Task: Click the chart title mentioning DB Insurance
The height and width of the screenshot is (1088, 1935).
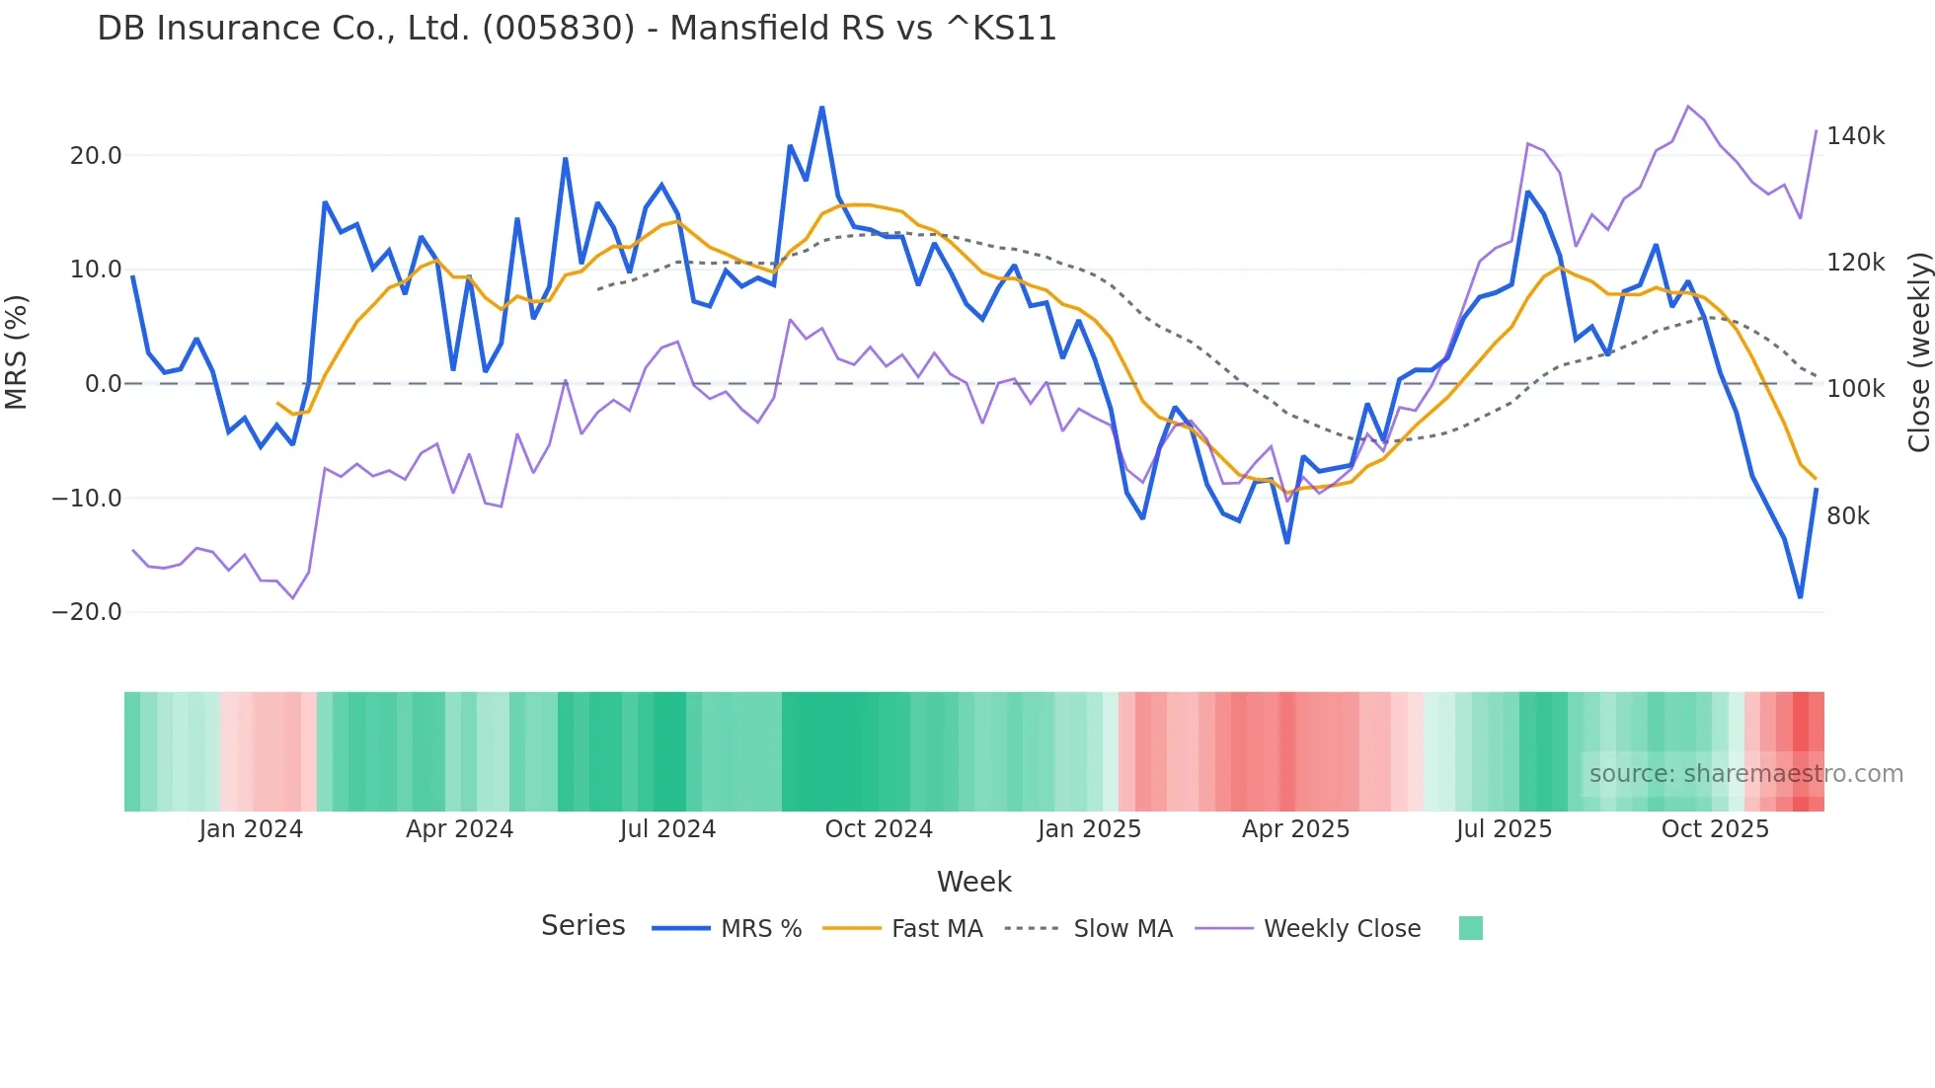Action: coord(577,29)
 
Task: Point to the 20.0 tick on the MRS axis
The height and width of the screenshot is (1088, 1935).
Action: coord(96,156)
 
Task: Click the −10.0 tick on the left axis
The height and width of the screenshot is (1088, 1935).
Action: coord(87,499)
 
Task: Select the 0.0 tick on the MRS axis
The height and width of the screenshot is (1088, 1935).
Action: coord(104,384)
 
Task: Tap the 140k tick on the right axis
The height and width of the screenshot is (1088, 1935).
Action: coord(1855,136)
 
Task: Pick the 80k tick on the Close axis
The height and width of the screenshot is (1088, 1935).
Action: coord(1848,516)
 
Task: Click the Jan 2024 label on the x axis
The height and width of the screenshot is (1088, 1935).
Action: coord(251,829)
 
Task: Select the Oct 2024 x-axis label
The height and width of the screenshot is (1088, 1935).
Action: coord(879,829)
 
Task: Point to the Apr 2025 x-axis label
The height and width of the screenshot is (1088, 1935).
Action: coord(1295,829)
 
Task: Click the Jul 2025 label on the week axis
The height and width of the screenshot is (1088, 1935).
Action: coord(1504,829)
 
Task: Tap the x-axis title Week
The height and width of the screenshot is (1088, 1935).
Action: coord(973,882)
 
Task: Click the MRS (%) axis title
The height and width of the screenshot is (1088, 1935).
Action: coord(17,352)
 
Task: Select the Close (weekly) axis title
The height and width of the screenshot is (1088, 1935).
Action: coord(1918,352)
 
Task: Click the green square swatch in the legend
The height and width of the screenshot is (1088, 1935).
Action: coord(1470,928)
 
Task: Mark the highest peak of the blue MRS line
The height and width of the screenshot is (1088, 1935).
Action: coord(821,108)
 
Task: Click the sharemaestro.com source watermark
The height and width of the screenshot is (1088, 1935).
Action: coord(1745,774)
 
